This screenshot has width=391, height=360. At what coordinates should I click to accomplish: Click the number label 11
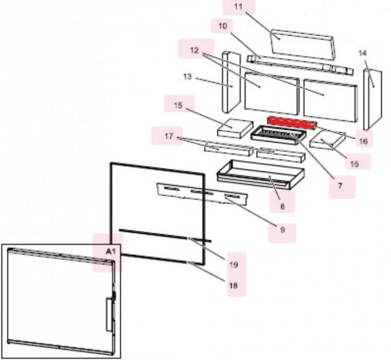point(238,7)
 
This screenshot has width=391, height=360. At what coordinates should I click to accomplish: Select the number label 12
point(194,50)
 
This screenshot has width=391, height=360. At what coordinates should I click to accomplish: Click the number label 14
point(362,52)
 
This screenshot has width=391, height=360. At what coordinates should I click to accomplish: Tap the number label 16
point(363,140)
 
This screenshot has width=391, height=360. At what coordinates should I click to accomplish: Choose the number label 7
point(340,185)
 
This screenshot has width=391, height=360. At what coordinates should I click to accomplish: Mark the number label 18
point(233,286)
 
